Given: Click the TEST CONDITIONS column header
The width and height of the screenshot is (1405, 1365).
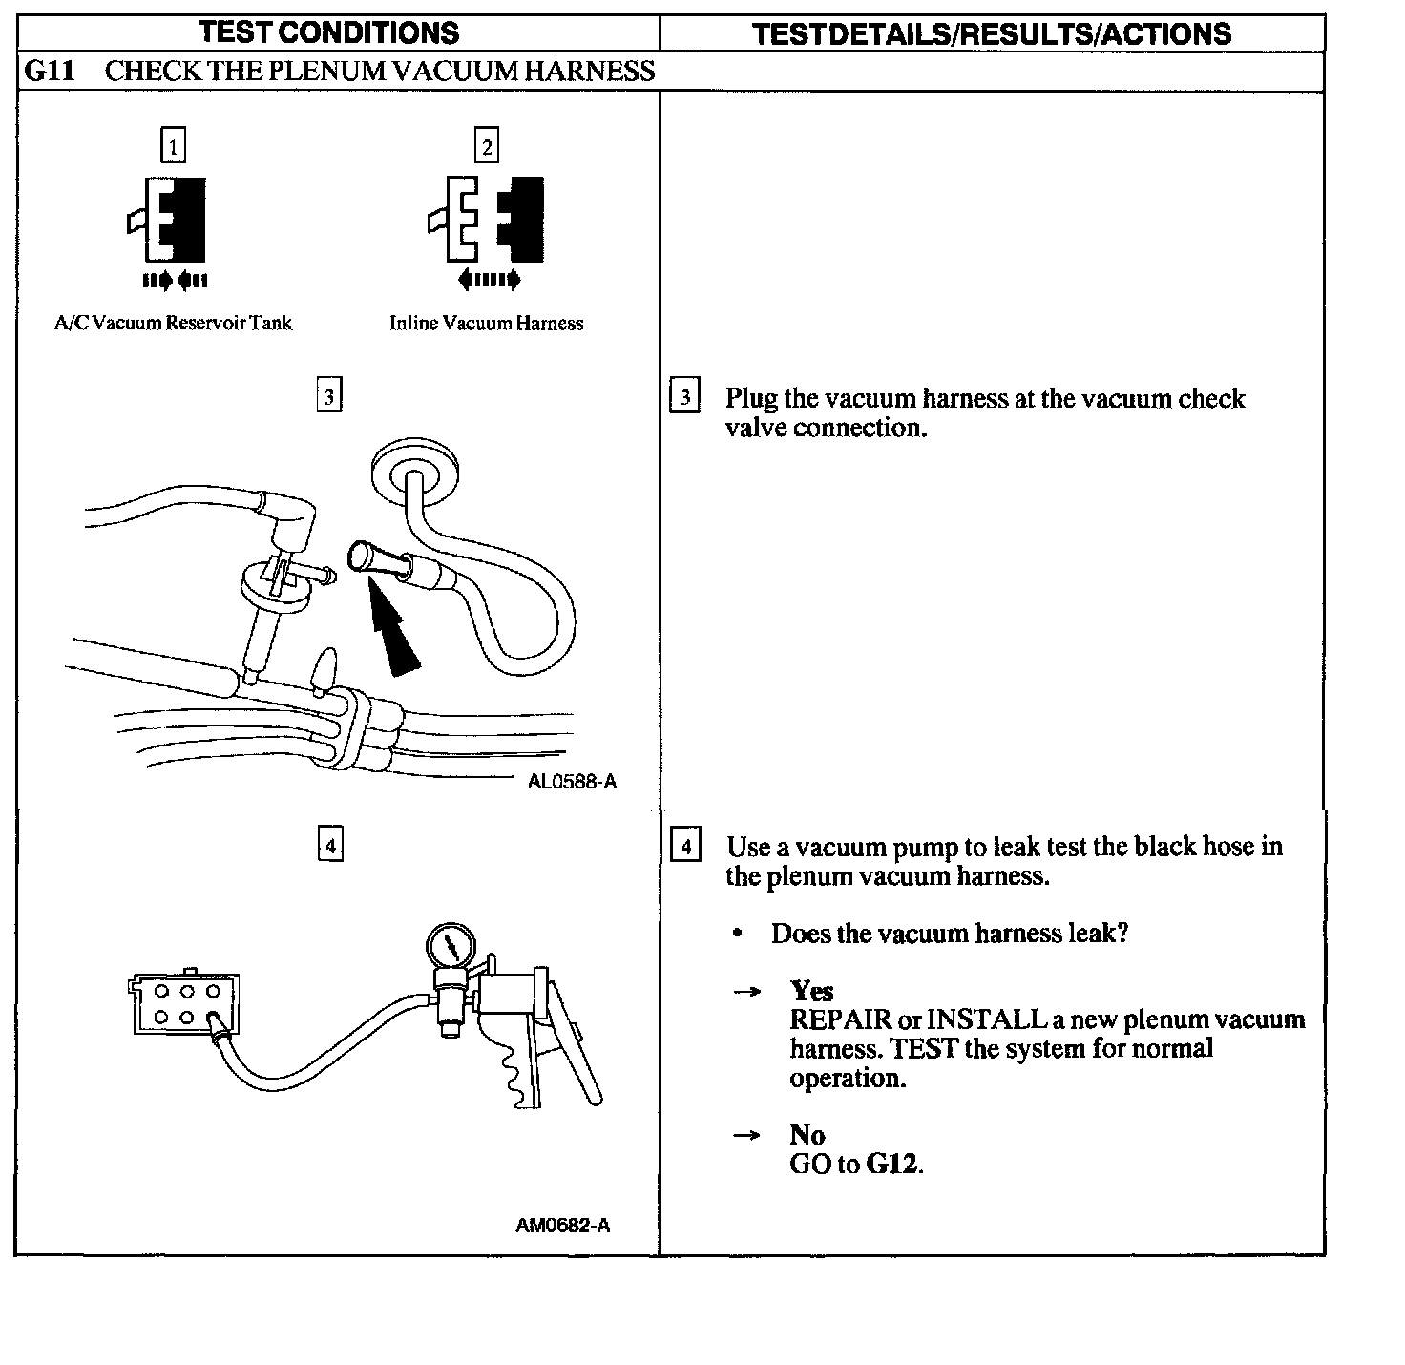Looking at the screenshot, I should (329, 32).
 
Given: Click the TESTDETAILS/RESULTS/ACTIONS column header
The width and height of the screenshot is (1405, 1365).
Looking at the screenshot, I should (992, 34).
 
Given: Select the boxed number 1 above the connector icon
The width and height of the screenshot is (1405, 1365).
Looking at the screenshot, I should (173, 147).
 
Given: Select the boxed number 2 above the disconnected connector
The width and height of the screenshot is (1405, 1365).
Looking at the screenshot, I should (487, 147).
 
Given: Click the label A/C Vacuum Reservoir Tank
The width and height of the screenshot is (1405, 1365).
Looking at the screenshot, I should (173, 323).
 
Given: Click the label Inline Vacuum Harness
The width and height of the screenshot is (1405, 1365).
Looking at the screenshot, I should (486, 324).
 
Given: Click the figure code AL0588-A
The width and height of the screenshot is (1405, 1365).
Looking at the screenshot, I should (572, 782).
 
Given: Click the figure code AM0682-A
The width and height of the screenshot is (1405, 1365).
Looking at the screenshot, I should (562, 1226).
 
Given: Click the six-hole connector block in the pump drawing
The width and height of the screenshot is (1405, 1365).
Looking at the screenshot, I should (186, 1004).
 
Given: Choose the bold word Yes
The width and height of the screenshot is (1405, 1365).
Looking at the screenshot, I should (811, 991).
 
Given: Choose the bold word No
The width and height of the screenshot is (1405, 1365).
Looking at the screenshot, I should (807, 1135).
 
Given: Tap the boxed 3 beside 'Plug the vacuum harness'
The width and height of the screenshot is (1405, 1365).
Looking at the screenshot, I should (684, 396).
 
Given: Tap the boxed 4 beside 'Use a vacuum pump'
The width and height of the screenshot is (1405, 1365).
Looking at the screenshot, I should (685, 846).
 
